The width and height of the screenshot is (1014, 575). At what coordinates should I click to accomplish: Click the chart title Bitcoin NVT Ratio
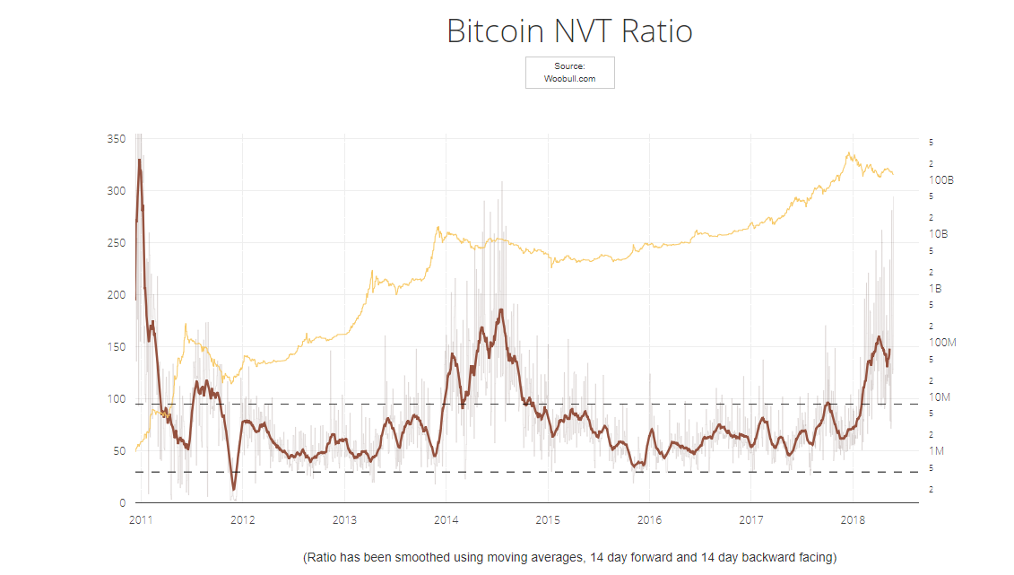click(569, 31)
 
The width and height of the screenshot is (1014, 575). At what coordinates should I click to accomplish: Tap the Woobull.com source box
click(569, 73)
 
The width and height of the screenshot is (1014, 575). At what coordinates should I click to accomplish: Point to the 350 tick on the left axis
click(117, 139)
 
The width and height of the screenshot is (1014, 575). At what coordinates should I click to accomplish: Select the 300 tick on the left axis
click(117, 191)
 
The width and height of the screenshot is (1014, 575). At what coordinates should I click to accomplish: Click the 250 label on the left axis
click(117, 243)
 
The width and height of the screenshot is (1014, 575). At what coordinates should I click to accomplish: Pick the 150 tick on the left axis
click(117, 347)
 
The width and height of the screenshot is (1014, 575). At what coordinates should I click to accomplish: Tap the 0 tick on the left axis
click(123, 503)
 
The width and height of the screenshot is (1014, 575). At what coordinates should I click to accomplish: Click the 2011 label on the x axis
click(141, 519)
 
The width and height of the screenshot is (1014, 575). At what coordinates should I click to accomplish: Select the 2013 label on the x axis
click(344, 519)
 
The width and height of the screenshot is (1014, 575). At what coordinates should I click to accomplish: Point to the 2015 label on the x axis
click(548, 519)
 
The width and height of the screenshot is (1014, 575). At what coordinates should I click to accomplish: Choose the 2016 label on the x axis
click(650, 519)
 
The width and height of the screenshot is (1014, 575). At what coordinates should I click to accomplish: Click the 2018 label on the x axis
click(853, 519)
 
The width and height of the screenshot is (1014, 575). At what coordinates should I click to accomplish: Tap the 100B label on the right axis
click(941, 180)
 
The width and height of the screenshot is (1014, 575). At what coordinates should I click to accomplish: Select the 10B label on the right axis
click(939, 234)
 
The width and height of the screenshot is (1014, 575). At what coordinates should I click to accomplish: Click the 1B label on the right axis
click(936, 289)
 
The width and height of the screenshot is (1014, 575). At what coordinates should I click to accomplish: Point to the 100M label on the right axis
click(942, 343)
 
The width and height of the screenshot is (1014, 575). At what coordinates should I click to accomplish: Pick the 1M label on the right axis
click(937, 450)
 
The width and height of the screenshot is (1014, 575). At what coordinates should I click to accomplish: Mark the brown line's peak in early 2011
click(139, 161)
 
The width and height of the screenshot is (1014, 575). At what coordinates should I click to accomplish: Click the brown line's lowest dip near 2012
click(234, 490)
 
